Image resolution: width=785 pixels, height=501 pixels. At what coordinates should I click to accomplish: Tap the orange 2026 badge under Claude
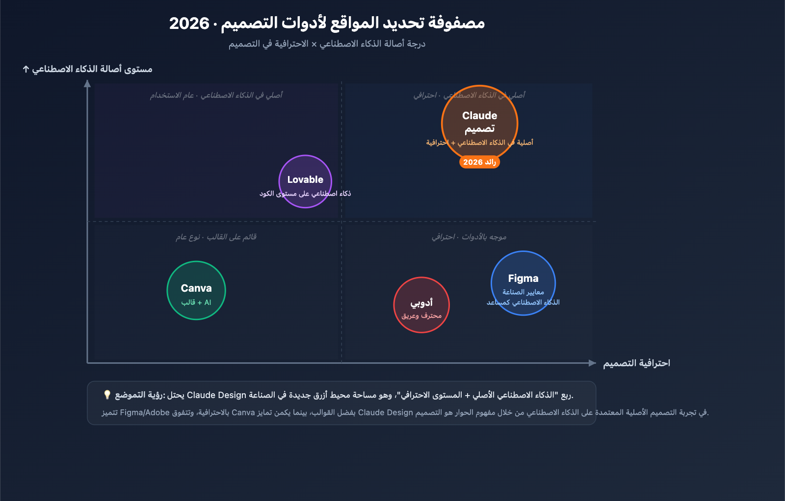(x=479, y=162)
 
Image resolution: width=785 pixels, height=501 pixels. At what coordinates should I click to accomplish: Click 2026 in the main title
(x=189, y=24)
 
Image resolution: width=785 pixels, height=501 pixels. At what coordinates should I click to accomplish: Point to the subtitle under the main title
(x=327, y=44)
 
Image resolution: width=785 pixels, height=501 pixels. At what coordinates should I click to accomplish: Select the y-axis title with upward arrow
(x=88, y=69)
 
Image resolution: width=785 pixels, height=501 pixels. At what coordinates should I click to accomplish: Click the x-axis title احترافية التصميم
(x=636, y=363)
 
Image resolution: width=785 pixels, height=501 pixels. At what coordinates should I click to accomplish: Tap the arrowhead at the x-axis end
(x=592, y=363)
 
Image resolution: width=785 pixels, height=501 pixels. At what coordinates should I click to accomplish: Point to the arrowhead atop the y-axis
(x=87, y=84)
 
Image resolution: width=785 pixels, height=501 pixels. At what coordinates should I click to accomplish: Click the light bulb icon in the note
(x=107, y=395)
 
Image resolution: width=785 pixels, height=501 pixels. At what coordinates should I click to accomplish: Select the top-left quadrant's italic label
(x=216, y=95)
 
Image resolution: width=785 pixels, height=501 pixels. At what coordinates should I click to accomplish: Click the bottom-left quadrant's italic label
(x=216, y=237)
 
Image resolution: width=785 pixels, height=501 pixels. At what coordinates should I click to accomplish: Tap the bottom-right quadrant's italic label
(x=469, y=237)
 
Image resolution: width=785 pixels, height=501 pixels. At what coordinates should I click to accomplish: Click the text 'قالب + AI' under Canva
(x=196, y=302)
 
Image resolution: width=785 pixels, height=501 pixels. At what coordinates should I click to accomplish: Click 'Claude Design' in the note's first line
(x=216, y=395)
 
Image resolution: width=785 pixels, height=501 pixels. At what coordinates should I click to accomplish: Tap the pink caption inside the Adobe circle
(x=421, y=316)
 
